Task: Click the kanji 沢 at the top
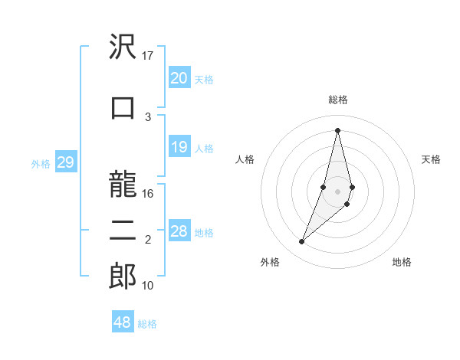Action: point(123,47)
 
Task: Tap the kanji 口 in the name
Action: point(123,108)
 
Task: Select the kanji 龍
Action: point(123,185)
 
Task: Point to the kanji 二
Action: point(123,231)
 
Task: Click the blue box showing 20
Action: point(179,78)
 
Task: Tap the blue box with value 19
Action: point(179,148)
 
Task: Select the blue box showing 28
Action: point(179,232)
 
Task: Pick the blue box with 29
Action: point(65,163)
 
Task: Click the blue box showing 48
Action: point(122,322)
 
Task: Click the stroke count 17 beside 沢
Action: point(148,55)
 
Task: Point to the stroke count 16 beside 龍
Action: point(148,194)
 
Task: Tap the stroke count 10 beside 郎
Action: point(148,286)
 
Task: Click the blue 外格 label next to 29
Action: point(41,164)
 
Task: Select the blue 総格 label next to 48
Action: point(147,324)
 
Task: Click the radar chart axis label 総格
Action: point(337,100)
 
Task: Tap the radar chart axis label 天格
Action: point(432,159)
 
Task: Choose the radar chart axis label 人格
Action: point(245,159)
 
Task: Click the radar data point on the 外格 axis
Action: point(301,242)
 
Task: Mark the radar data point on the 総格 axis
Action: point(337,129)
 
